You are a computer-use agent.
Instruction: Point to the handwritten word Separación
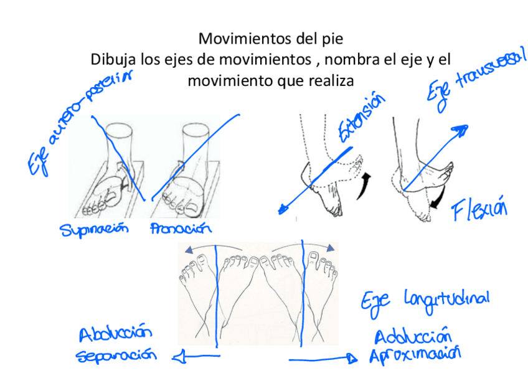[116, 356]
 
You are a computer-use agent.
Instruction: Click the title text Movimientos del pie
[270, 39]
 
